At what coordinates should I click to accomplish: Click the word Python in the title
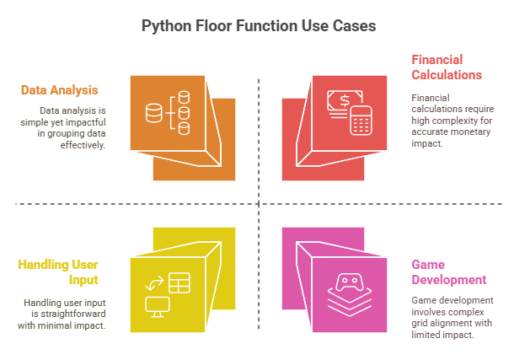(167, 26)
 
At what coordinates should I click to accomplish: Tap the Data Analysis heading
(59, 90)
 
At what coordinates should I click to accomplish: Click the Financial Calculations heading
(447, 67)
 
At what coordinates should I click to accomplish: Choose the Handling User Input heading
(58, 272)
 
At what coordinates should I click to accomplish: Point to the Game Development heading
(449, 272)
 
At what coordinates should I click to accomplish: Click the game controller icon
(350, 282)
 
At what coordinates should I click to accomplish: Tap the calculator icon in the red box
(361, 121)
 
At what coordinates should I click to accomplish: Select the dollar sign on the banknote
(345, 100)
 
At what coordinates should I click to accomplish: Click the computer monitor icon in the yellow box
(158, 307)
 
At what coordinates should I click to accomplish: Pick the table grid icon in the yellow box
(179, 282)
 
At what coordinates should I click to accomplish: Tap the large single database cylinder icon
(153, 113)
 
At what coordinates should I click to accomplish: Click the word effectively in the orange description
(83, 145)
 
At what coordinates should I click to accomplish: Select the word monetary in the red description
(471, 132)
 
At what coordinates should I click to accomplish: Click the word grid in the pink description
(420, 323)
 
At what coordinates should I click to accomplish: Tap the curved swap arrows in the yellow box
(154, 283)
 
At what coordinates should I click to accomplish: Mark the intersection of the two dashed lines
(259, 204)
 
